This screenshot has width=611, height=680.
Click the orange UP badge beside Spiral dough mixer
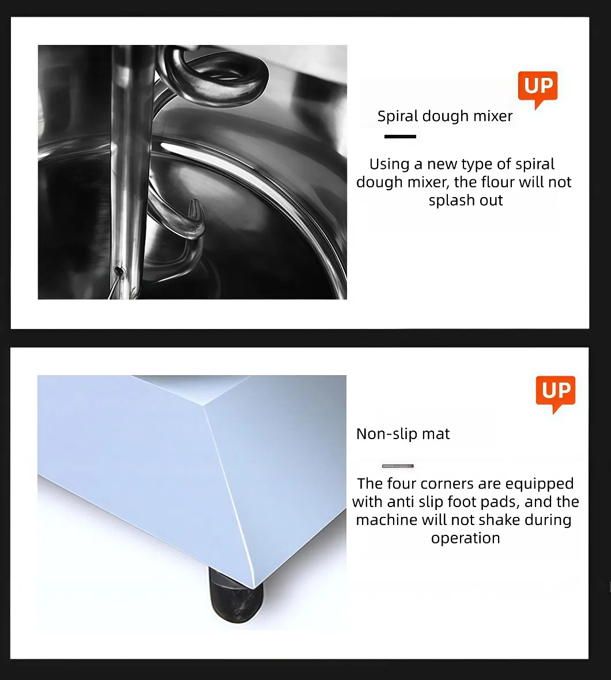538,88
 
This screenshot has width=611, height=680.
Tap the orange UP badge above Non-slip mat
556,392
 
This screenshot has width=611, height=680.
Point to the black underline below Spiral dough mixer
400,137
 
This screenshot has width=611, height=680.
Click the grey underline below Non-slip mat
398,466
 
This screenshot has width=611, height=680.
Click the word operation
465,539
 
